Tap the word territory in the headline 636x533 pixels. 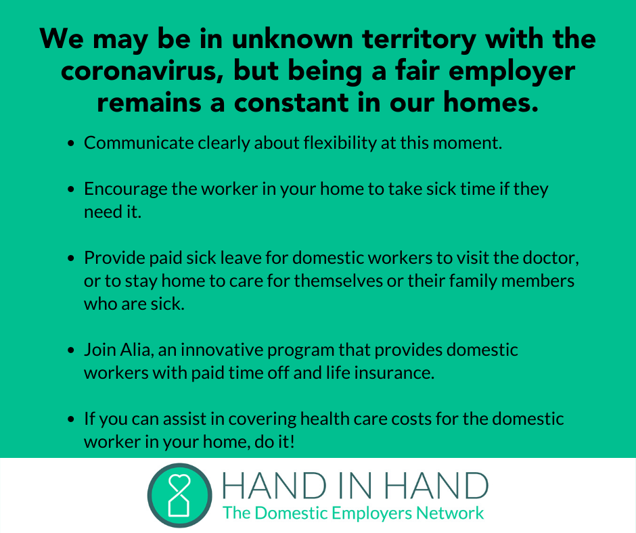(x=419, y=39)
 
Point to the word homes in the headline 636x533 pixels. (x=491, y=102)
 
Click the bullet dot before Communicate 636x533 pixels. (x=72, y=143)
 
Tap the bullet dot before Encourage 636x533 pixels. (x=72, y=189)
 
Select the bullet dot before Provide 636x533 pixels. (x=72, y=258)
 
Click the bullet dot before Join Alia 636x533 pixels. (x=72, y=350)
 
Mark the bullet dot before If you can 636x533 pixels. (x=72, y=419)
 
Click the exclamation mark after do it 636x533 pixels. (x=292, y=441)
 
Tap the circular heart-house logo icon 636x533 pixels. (x=180, y=495)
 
